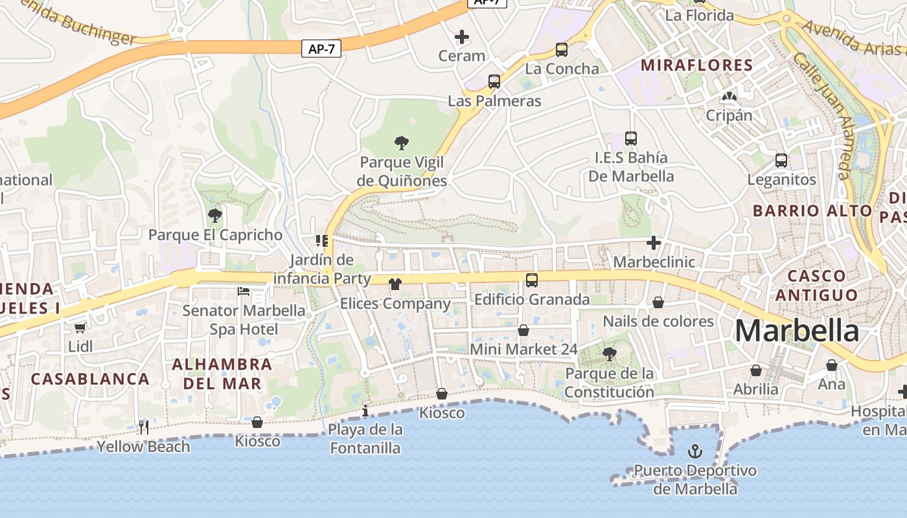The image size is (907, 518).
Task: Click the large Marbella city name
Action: tap(797, 331)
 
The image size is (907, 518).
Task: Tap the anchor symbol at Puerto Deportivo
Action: tap(695, 451)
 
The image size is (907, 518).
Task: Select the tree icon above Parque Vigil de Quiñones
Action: tap(402, 142)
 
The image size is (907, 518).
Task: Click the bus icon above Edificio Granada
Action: tap(532, 280)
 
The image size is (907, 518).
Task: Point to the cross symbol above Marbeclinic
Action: tap(654, 243)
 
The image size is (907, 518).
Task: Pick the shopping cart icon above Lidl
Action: tap(80, 328)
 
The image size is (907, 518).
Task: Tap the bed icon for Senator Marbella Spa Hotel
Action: tap(244, 291)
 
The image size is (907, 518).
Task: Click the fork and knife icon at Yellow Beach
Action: tap(144, 427)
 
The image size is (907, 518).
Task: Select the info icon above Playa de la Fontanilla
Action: tap(365, 411)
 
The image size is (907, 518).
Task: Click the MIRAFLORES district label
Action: tap(696, 65)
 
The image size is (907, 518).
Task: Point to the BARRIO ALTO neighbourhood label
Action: tap(812, 210)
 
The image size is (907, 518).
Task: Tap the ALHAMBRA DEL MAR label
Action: tap(222, 374)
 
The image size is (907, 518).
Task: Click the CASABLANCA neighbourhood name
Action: tap(90, 379)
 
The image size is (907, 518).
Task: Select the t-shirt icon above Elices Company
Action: tap(395, 284)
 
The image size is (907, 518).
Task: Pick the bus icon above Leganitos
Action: tap(781, 160)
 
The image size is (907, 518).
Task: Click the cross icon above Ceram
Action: tap(462, 37)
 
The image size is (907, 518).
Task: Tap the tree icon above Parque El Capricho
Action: tap(215, 216)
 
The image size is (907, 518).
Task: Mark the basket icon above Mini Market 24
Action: tap(523, 330)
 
